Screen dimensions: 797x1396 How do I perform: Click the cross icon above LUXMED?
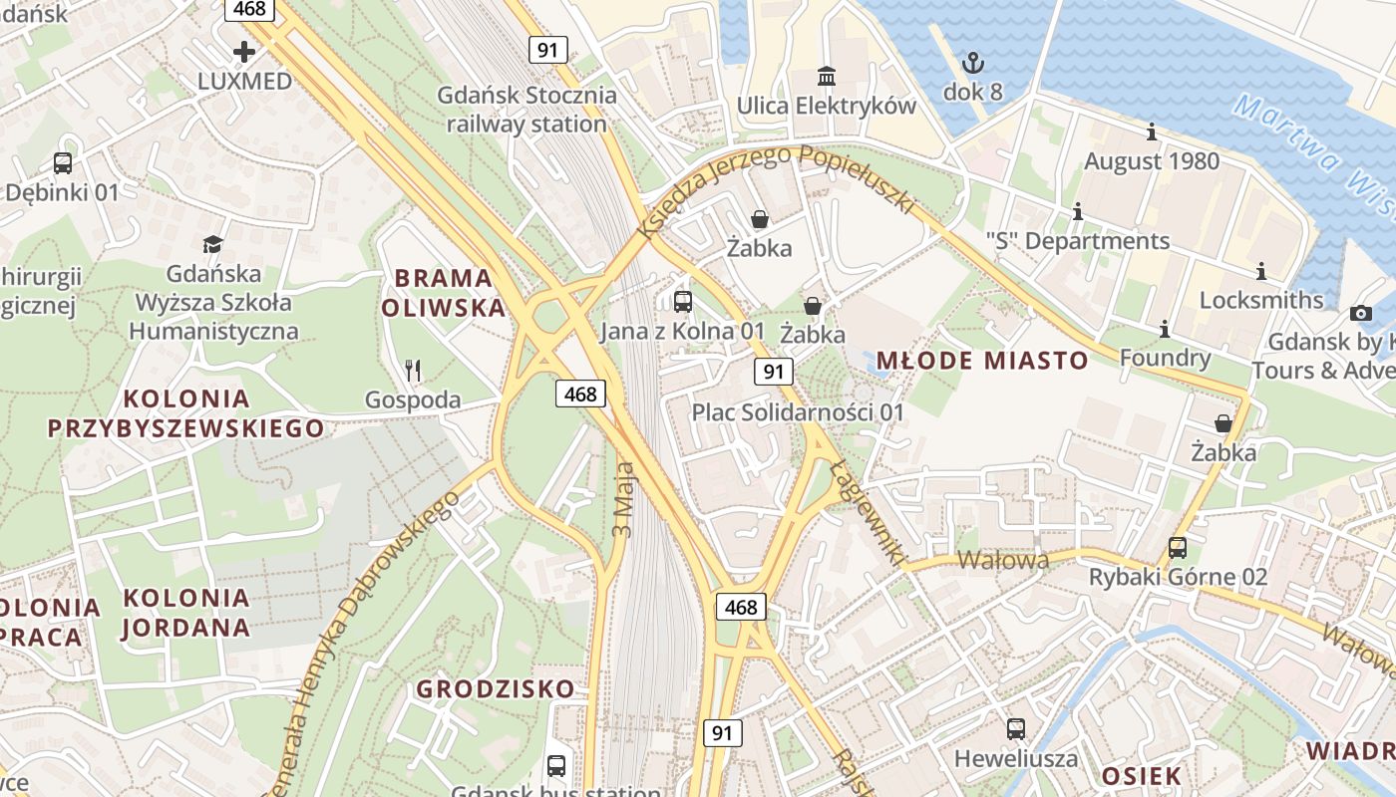point(244,51)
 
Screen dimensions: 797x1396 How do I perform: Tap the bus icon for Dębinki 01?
point(63,162)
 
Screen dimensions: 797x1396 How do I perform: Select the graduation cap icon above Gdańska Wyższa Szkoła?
point(213,244)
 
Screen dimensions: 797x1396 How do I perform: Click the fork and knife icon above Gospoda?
point(413,371)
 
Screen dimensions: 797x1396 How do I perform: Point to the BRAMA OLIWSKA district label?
point(444,293)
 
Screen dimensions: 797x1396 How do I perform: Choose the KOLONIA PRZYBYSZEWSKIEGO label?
point(186,413)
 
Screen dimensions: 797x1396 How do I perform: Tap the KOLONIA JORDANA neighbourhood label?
point(186,612)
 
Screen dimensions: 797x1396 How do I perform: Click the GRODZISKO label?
point(496,688)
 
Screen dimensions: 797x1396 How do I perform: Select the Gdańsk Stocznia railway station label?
point(527,110)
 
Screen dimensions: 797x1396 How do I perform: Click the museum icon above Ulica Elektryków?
point(827,76)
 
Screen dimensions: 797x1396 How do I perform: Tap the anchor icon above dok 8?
point(972,64)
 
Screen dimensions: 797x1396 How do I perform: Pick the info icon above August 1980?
point(1152,132)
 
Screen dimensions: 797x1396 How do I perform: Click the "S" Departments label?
point(1077,241)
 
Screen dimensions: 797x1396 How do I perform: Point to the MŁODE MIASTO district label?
point(981,361)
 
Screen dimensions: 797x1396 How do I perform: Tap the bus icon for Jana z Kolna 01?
point(683,301)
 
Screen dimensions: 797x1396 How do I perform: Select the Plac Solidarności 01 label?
point(798,412)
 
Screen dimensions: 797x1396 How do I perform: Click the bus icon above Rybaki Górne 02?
point(1178,547)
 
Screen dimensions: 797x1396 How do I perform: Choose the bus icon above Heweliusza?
point(1016,729)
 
